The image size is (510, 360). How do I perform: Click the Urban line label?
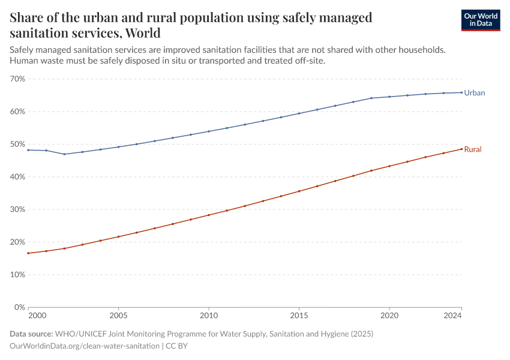(x=474, y=93)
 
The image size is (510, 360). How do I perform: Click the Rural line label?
(x=473, y=149)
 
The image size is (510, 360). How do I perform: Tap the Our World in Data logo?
(x=480, y=20)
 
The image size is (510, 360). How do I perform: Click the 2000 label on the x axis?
(x=37, y=315)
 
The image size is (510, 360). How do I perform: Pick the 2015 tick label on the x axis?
(x=299, y=315)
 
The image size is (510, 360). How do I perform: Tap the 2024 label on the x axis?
(x=454, y=315)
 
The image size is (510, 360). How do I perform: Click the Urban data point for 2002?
(x=64, y=154)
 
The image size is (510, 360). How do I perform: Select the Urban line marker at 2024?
(x=461, y=92)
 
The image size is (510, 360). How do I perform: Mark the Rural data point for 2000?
(x=28, y=253)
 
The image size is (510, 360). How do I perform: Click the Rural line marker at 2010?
(x=209, y=215)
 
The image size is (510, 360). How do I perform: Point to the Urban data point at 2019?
(x=371, y=98)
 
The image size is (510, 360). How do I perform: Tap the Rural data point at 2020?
(x=389, y=166)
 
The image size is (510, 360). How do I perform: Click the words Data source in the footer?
(x=31, y=334)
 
